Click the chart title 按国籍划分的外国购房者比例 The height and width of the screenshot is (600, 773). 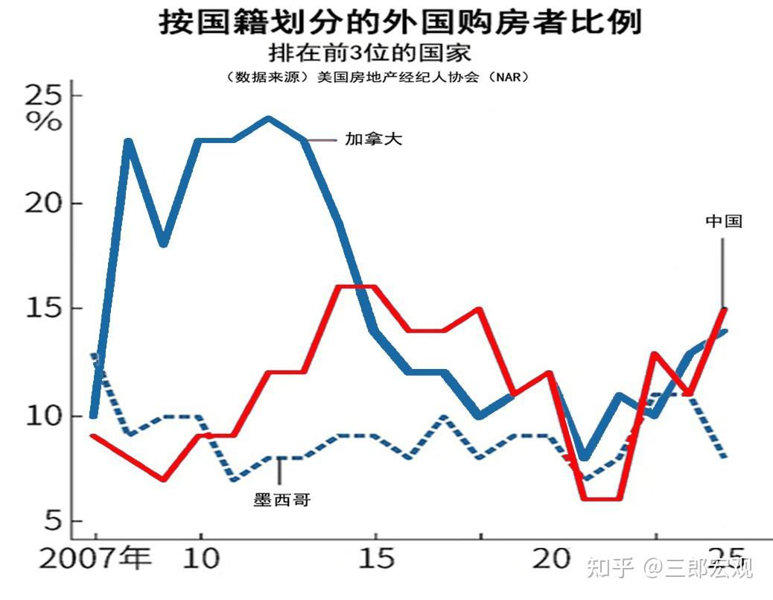400,22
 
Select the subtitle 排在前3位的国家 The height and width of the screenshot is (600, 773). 370,54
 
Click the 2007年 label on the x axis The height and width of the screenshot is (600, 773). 95,560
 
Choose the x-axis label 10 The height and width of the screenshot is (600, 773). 200,560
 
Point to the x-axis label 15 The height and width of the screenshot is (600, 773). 375,560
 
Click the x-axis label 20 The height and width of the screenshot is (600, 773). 551,560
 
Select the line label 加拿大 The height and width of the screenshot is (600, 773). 373,139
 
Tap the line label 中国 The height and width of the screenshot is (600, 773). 724,221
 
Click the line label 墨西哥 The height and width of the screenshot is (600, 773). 281,500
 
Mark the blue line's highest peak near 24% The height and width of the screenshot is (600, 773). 269,119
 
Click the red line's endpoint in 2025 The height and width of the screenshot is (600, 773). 725,309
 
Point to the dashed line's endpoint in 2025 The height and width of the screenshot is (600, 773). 725,457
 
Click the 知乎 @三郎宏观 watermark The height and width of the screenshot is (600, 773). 669,568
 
